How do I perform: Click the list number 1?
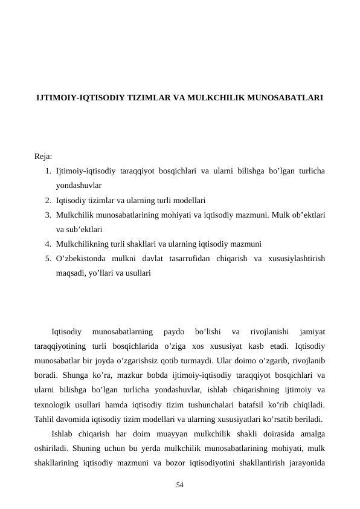47,170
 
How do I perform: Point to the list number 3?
47,215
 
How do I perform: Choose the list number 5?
47,259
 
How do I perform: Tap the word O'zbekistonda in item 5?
80,259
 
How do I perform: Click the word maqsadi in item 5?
71,273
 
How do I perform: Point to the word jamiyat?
312,331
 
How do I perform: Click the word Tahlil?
45,418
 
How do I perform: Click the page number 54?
179,485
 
